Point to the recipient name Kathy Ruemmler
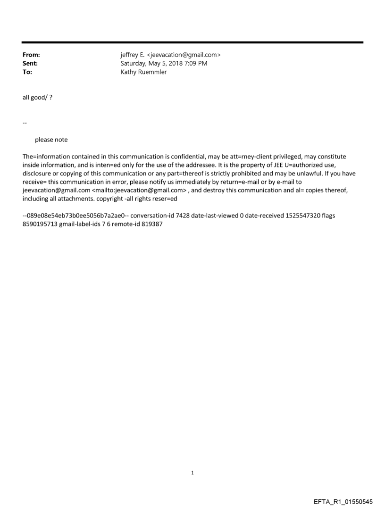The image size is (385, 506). click(x=143, y=72)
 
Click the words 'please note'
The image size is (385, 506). click(x=51, y=140)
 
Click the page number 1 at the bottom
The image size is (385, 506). click(x=192, y=473)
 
